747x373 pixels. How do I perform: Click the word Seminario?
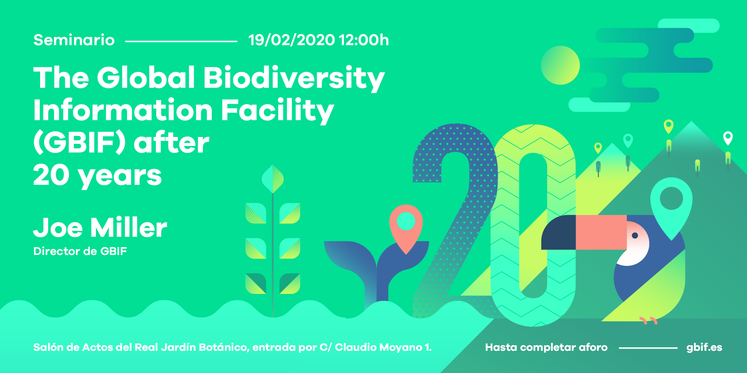74,40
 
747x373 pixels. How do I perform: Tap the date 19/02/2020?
291,40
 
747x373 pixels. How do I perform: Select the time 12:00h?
364,40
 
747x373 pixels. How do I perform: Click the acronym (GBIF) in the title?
80,142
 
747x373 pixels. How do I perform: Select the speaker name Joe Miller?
100,228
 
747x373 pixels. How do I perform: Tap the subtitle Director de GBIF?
80,251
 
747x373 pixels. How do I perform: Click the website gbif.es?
704,348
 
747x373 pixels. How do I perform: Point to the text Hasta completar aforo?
546,348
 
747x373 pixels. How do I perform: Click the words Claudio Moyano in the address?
379,348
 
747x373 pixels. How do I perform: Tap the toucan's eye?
635,235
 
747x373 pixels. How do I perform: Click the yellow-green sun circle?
560,65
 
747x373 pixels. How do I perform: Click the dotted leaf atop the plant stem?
273,179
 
